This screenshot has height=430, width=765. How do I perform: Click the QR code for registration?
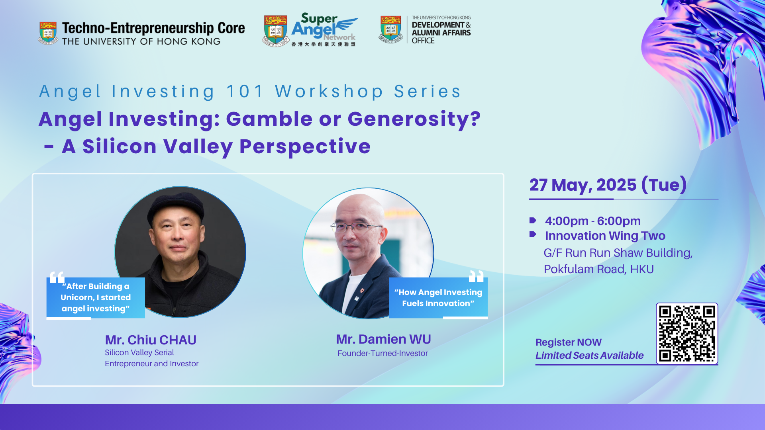(687, 334)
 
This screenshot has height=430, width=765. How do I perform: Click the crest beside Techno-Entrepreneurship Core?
(48, 33)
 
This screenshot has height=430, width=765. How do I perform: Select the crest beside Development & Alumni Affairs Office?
(391, 29)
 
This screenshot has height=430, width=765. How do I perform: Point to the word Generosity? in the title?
(414, 120)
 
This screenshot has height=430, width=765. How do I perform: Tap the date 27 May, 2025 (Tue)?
(608, 185)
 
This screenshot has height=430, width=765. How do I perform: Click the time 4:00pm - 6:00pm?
(593, 221)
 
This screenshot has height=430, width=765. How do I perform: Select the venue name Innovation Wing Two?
(605, 236)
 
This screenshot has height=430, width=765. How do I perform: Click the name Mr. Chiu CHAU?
(151, 340)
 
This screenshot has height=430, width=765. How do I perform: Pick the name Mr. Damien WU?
(383, 339)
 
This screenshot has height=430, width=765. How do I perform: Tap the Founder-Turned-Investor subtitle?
(382, 353)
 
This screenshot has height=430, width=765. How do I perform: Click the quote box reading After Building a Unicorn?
(96, 297)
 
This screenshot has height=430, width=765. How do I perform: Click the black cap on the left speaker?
(176, 207)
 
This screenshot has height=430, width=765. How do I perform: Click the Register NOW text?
(569, 342)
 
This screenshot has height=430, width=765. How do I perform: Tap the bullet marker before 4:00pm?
(533, 221)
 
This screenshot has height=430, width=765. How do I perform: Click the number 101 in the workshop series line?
(245, 92)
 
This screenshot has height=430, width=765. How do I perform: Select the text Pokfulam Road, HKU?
(599, 270)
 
